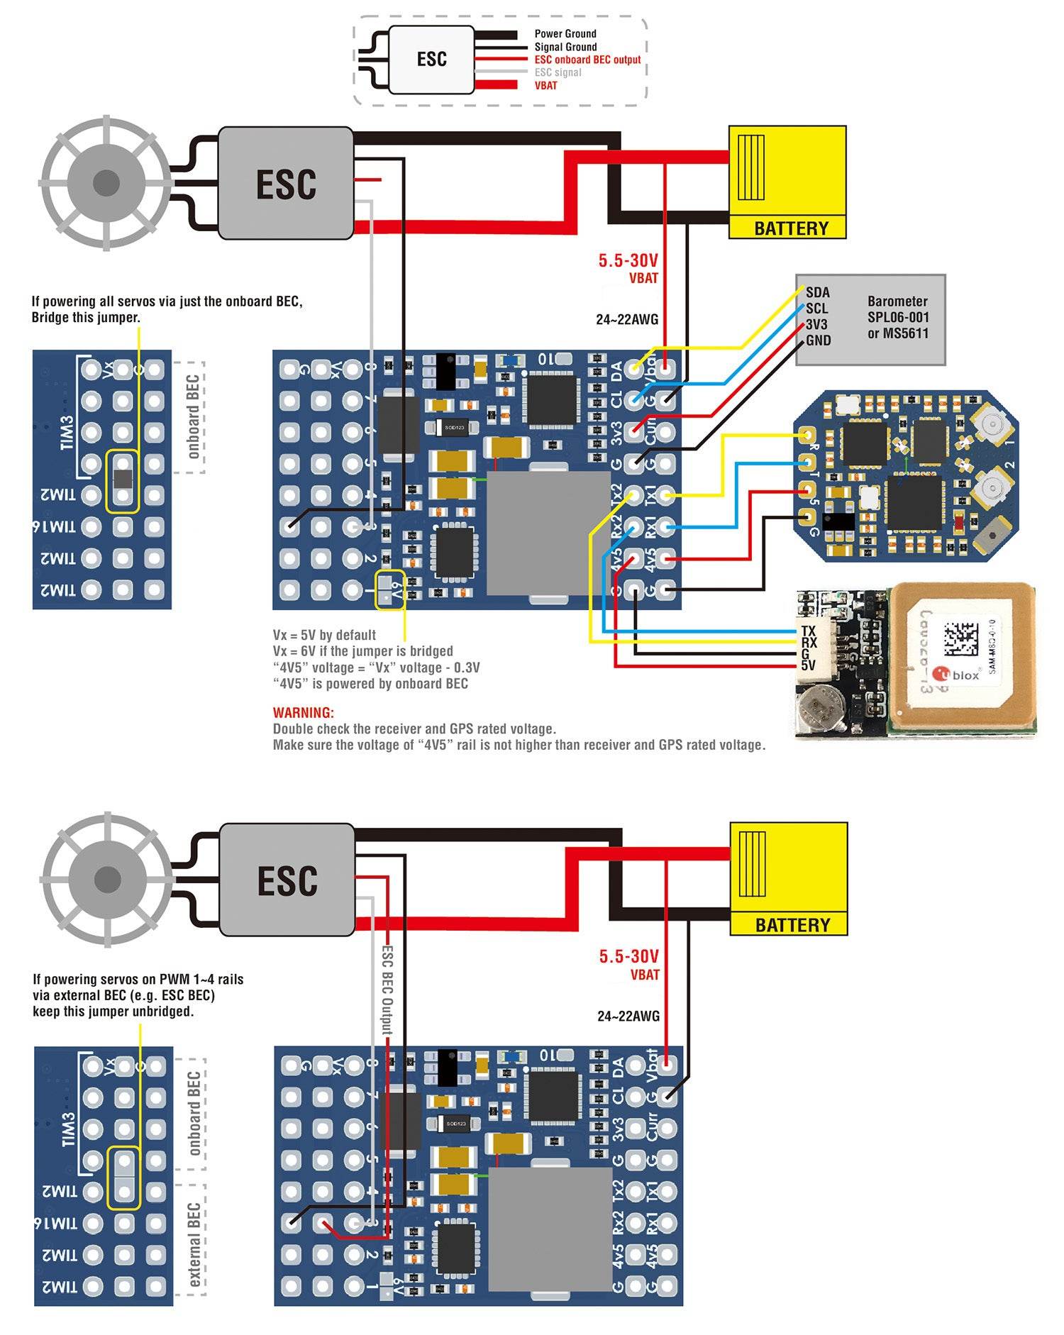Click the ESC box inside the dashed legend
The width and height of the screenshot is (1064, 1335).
coord(431,59)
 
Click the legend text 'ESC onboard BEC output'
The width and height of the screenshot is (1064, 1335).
coord(587,60)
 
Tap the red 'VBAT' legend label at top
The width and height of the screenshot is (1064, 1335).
coord(545,85)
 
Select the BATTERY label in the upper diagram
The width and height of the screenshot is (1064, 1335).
coord(790,228)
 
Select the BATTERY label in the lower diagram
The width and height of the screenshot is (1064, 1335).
coord(792,925)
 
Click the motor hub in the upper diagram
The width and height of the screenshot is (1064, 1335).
coord(106,182)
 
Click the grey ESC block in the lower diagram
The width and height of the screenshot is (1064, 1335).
coord(287,880)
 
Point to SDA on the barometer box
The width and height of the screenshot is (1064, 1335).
coord(817,292)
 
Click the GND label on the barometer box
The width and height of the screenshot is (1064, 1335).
coord(818,340)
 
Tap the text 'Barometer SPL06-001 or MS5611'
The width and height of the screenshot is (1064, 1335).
coord(897,317)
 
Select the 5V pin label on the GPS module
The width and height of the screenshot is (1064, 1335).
coord(808,665)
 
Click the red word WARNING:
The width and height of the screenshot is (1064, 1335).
coord(303,712)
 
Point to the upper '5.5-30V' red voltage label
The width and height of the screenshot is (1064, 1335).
coord(628,260)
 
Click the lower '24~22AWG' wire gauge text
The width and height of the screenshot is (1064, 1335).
coord(628,1016)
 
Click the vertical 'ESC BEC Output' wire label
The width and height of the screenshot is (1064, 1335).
coord(387,990)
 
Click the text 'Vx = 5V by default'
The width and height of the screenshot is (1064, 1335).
coord(324,635)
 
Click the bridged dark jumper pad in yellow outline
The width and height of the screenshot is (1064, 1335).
coord(123,479)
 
